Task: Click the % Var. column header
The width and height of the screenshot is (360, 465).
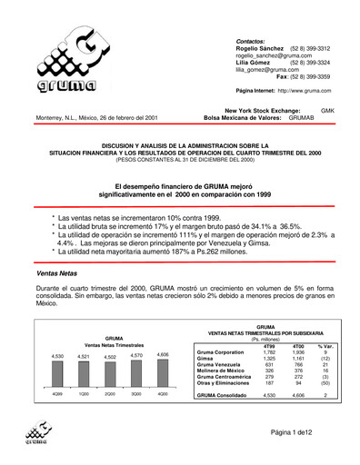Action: pos(327,345)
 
